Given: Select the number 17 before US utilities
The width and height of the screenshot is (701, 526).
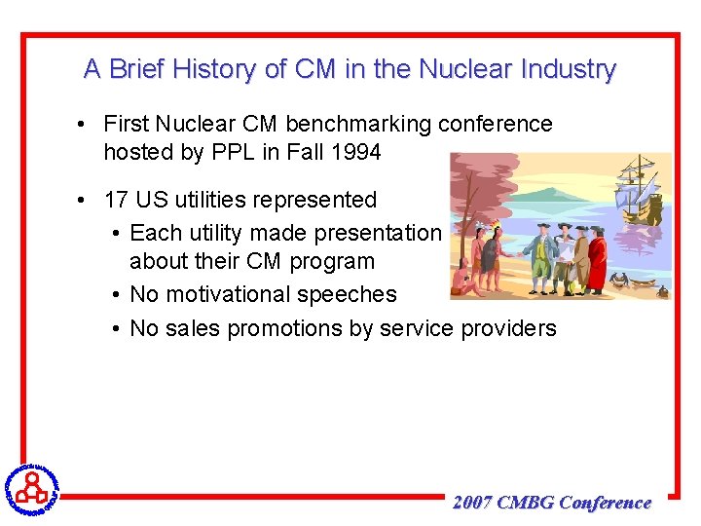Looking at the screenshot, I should click(x=116, y=200).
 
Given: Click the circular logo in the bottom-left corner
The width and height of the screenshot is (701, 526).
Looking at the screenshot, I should click(x=31, y=487).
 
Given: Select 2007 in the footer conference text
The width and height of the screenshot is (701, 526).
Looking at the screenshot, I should click(x=472, y=503).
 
